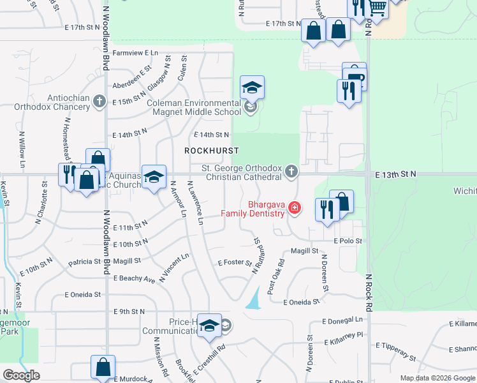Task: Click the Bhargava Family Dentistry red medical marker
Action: (295, 207)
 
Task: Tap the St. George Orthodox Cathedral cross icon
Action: (291, 171)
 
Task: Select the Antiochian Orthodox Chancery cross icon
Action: (99, 101)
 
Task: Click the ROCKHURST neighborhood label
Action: (211, 151)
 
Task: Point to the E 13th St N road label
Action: (395, 174)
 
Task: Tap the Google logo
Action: (21, 375)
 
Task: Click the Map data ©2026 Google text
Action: (437, 378)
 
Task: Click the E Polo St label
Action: (348, 241)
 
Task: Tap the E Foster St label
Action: (235, 262)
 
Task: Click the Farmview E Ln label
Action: (135, 53)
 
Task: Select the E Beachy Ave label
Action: (135, 279)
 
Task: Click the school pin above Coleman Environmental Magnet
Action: (252, 88)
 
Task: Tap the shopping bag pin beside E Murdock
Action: (103, 367)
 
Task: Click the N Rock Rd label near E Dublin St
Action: (369, 294)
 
